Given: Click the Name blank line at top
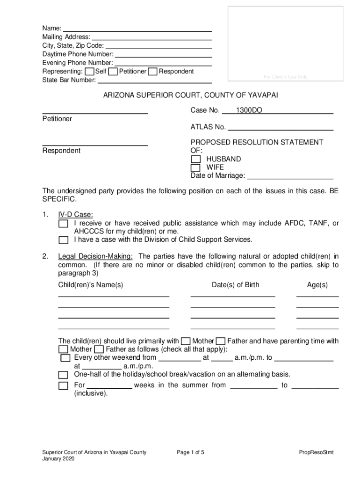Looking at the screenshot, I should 137,29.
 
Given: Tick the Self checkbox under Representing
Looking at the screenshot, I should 89,72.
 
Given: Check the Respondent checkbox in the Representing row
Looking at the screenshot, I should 152,72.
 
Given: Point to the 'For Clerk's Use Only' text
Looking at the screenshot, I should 285,77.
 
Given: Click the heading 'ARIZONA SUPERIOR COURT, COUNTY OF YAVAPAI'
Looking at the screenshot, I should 190,95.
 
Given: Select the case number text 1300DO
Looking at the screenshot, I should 249,111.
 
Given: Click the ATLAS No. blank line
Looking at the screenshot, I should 280,127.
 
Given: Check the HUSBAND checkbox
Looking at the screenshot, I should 195,160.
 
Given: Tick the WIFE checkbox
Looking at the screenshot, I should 195,167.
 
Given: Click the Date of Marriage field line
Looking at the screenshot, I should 290,176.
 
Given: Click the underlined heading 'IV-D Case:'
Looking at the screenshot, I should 75,215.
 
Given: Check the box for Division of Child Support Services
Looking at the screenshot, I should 63,240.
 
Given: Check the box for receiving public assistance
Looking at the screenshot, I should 63,224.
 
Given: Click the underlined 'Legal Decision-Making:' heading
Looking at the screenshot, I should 95,256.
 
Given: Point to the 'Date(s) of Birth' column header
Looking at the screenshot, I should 235,285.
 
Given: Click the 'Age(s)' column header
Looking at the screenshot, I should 317,285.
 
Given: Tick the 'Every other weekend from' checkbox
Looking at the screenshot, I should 65,358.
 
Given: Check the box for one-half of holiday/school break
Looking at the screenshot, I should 63,375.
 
